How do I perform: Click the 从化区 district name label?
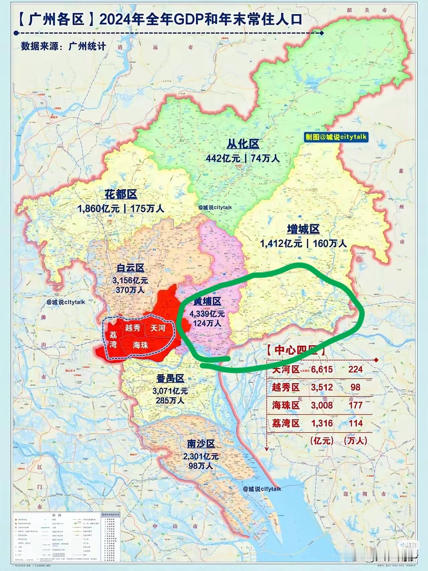point(243,144)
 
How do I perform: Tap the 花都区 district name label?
point(121,195)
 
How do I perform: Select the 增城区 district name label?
point(303,229)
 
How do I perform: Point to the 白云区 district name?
point(130,268)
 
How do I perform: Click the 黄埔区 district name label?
point(207,301)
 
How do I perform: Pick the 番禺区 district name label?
point(171,378)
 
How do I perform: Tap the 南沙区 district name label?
point(201,444)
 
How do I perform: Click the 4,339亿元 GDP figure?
point(207,314)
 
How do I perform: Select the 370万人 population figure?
point(130,290)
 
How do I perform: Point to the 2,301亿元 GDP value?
point(201,456)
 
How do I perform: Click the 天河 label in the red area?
point(157,328)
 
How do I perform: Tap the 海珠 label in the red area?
point(140,345)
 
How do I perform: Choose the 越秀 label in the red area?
point(133,328)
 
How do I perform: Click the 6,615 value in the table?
point(322,369)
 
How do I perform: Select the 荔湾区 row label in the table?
point(286,423)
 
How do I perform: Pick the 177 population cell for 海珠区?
point(355,405)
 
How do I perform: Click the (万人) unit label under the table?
point(355,440)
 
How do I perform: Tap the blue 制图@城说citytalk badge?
point(336,137)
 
